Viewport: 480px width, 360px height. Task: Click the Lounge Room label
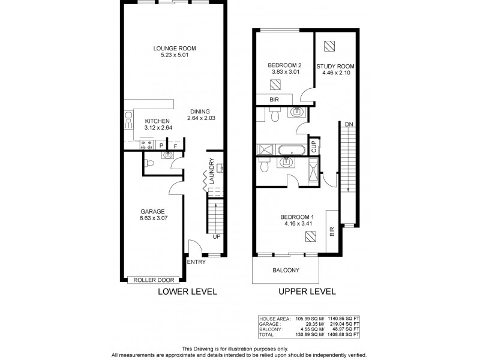coord(174,49)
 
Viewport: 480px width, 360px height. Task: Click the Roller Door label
coord(154,279)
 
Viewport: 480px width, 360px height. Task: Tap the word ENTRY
coord(196,262)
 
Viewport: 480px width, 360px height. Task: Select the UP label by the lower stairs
coord(217,236)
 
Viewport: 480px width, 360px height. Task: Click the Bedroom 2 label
coord(284,65)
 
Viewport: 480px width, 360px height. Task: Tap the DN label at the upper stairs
coord(349,124)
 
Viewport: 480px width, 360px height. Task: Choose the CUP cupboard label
coord(313,146)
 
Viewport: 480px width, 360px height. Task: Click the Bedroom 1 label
coord(296,217)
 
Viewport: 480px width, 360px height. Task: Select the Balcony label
coord(286,270)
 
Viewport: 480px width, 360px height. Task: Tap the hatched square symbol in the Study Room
coord(329,46)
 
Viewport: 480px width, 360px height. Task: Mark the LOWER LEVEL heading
coord(187,292)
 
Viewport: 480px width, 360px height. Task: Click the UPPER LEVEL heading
coord(306,292)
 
